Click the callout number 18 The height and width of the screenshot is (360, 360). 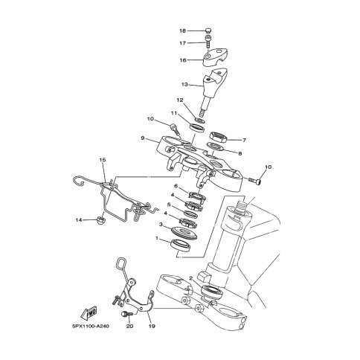click(182, 30)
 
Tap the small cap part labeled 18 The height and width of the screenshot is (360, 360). click(209, 30)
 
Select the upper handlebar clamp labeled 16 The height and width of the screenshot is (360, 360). click(215, 58)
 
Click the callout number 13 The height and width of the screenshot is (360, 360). click(184, 85)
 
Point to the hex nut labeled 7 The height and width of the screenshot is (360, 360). click(218, 137)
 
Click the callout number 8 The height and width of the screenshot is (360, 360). click(240, 154)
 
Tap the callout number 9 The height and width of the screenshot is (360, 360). click(143, 138)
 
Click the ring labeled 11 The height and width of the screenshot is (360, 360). click(197, 127)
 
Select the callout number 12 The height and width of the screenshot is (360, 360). click(180, 100)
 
